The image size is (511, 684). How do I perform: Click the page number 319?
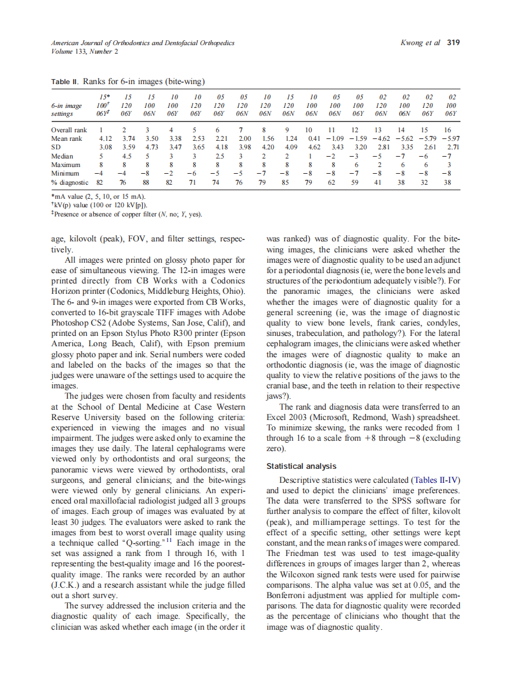point(453,43)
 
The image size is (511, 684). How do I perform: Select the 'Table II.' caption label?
point(65,81)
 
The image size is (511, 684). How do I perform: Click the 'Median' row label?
point(63,156)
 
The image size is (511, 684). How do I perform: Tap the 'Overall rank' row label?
point(69,130)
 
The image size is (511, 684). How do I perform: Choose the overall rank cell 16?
point(447,130)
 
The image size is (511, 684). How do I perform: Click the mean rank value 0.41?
point(315,139)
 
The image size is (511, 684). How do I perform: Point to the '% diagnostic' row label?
point(71,182)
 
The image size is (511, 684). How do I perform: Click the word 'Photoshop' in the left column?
point(73,322)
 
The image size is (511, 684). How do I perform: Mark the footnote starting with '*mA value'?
point(98,197)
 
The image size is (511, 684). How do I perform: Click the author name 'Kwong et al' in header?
point(421,43)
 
